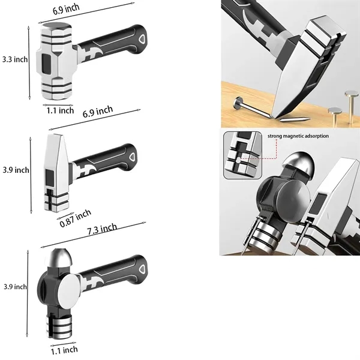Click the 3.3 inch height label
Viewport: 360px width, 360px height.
15,59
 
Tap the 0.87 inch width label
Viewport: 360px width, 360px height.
76,218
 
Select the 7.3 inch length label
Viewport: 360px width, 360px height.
103,229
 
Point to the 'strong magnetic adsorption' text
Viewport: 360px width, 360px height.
298,136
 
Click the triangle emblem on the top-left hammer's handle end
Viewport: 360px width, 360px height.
142,39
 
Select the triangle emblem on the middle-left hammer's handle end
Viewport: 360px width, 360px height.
132,157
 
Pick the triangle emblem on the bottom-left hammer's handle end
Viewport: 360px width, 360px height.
142,269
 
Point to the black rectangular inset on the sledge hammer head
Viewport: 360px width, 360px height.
47,64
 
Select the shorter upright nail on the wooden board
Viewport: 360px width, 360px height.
335,117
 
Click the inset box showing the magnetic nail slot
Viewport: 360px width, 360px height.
242,155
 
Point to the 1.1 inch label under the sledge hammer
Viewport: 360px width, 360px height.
60,110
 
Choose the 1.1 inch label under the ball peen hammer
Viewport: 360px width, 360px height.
64,350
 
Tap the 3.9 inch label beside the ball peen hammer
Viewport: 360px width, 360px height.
15,287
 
